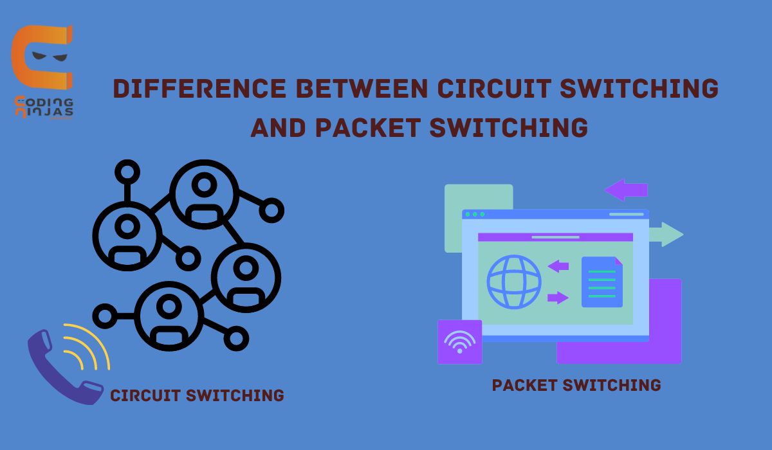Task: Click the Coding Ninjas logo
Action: (42, 71)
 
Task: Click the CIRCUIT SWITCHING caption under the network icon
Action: (197, 395)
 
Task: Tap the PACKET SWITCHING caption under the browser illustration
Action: (576, 385)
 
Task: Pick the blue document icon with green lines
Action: (602, 282)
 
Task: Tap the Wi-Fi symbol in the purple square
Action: (459, 342)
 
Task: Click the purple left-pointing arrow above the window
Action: (625, 190)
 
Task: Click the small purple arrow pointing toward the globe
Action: (558, 266)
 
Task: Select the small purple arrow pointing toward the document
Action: (558, 297)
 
